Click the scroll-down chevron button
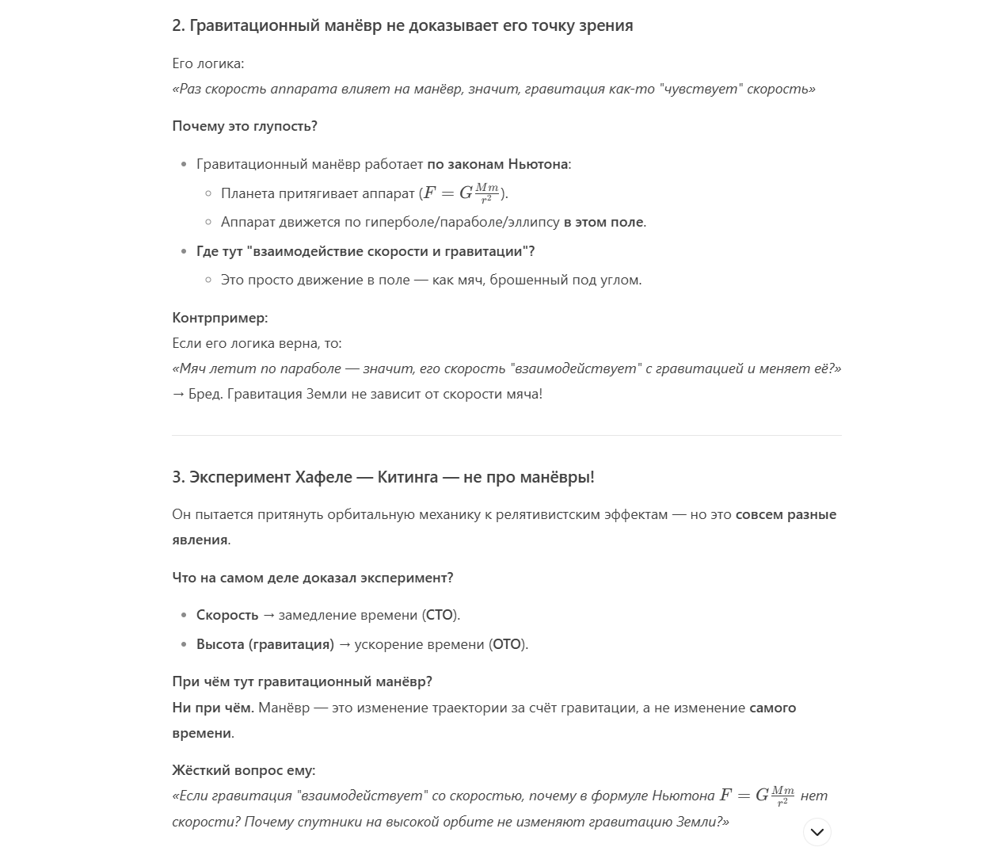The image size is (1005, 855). pos(817,832)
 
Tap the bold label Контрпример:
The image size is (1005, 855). pos(220,318)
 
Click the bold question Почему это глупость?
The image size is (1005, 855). pos(245,126)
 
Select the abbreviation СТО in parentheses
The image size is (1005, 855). pos(440,615)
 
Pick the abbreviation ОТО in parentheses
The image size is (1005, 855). pos(508,644)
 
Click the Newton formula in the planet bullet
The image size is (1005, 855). pos(463,193)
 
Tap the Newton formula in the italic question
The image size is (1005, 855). pos(756,796)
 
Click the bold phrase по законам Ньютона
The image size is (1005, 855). pos(497,164)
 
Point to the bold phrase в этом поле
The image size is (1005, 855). pos(603,222)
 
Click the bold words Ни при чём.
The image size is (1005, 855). pos(213,708)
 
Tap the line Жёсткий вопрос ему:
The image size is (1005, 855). pos(244,770)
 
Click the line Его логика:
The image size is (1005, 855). pos(208,63)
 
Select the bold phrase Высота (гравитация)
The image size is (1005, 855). pos(265,644)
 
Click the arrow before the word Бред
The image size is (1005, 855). pos(178,394)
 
